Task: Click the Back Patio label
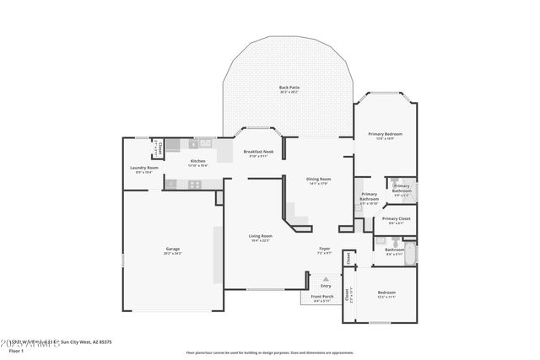(x=289, y=88)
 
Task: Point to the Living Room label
(x=260, y=236)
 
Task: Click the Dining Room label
(x=318, y=179)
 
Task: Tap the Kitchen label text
(x=197, y=161)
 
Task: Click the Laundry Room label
(x=143, y=168)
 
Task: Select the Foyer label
(x=324, y=248)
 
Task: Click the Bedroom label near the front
(x=385, y=293)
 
